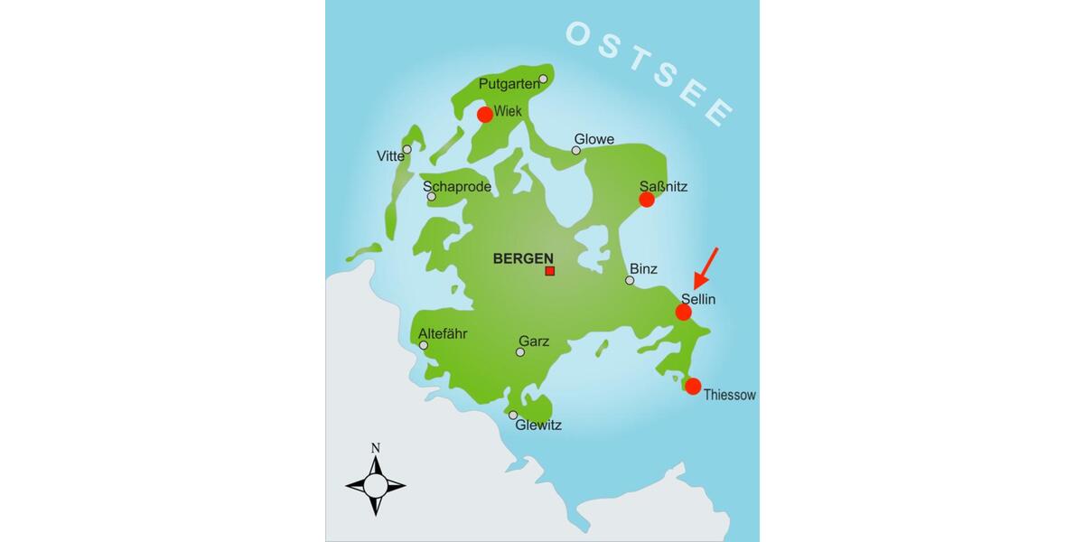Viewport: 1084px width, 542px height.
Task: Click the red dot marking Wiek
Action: point(485,115)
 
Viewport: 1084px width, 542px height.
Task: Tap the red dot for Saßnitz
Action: point(646,200)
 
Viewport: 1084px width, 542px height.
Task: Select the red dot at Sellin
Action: point(684,312)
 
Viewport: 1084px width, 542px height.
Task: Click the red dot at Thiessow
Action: point(693,387)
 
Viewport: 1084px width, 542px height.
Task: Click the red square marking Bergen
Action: point(549,271)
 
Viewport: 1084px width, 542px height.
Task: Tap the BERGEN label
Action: point(523,258)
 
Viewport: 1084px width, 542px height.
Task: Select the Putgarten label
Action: point(508,85)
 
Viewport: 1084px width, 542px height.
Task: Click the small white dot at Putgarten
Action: point(543,79)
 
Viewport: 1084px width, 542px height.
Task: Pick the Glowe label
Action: point(594,139)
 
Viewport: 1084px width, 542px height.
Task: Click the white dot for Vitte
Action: point(407,149)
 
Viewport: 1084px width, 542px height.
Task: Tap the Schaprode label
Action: point(457,186)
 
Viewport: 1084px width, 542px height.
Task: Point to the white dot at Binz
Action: point(630,280)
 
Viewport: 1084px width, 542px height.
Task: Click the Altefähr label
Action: point(444,333)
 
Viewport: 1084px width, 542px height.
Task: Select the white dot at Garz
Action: point(519,351)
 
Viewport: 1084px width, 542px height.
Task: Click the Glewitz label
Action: point(538,425)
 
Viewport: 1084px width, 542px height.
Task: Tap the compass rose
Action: point(376,485)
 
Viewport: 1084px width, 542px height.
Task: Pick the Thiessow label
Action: point(729,395)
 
